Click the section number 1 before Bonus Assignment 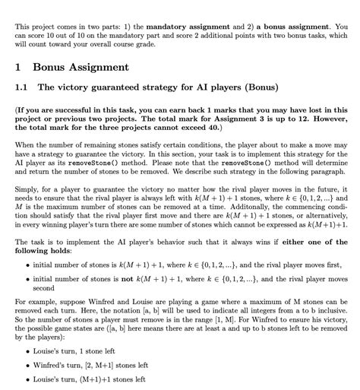click(19, 68)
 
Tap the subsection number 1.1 click(23, 87)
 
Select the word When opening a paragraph click(24, 144)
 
